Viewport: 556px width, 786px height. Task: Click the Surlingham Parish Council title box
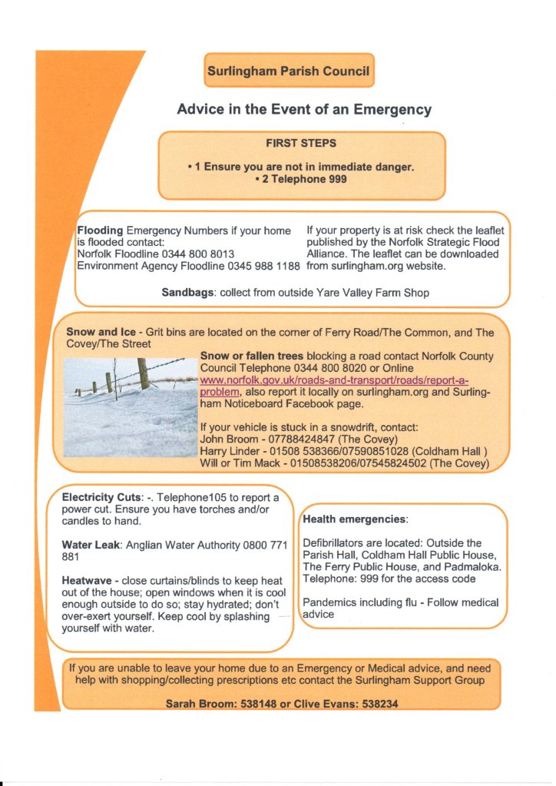(289, 71)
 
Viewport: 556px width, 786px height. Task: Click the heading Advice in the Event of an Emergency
(304, 109)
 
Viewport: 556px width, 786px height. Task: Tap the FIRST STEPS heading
(301, 143)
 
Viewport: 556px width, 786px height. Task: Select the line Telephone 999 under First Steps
(301, 180)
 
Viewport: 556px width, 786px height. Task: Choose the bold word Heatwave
(89, 580)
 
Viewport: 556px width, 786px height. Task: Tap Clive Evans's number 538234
(380, 704)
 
